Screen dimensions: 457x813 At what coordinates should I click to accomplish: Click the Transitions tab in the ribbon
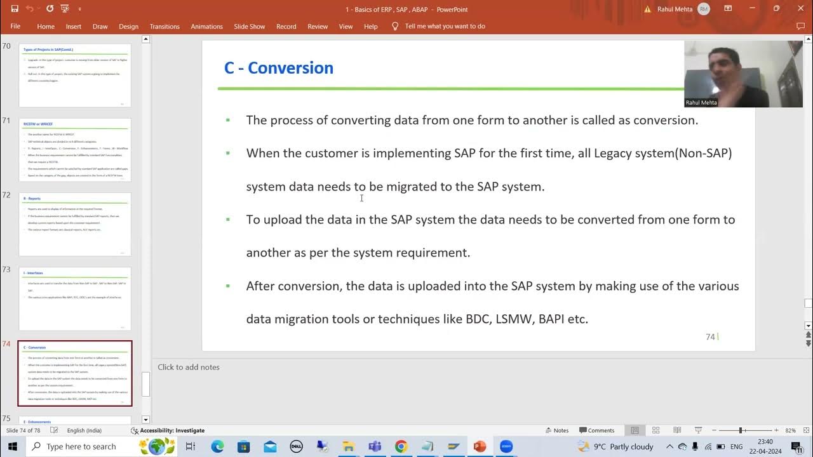pyautogui.click(x=165, y=27)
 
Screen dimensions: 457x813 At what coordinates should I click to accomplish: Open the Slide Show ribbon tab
pyautogui.click(x=249, y=27)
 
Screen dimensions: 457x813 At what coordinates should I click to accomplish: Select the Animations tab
pyautogui.click(x=206, y=27)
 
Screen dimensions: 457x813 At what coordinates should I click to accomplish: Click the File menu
pyautogui.click(x=15, y=27)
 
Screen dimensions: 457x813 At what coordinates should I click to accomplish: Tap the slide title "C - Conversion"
pyautogui.click(x=278, y=68)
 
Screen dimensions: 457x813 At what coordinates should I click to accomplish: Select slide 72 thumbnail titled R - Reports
pyautogui.click(x=75, y=224)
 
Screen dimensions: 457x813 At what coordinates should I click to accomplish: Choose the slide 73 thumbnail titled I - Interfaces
pyautogui.click(x=75, y=298)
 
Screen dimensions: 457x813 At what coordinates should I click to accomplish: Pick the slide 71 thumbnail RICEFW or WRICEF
pyautogui.click(x=75, y=150)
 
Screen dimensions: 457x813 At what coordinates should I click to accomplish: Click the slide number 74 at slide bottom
pyautogui.click(x=710, y=337)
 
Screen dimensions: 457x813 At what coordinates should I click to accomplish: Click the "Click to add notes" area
pyautogui.click(x=189, y=367)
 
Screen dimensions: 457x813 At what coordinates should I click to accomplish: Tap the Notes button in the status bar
pyautogui.click(x=556, y=430)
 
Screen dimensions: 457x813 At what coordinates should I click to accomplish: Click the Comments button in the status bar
pyautogui.click(x=596, y=430)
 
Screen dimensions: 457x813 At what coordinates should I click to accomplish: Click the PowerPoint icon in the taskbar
pyautogui.click(x=480, y=446)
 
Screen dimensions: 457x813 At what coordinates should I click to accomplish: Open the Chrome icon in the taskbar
pyautogui.click(x=401, y=446)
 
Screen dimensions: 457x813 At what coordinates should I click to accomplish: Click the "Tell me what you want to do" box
pyautogui.click(x=445, y=27)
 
